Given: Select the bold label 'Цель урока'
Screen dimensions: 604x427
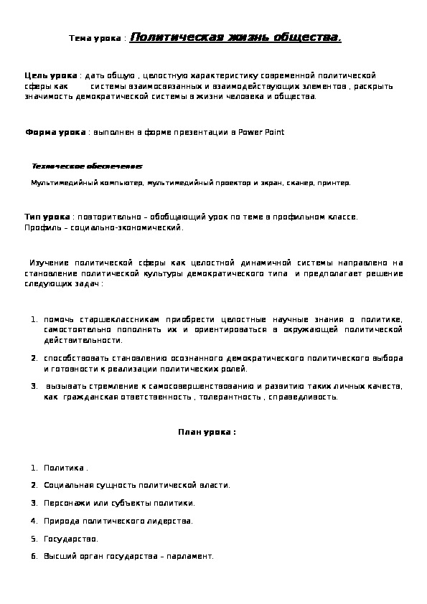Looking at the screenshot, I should (x=51, y=75).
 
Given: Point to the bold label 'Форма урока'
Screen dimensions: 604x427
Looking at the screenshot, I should (x=55, y=132).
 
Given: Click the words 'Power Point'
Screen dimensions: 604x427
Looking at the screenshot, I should (x=261, y=132).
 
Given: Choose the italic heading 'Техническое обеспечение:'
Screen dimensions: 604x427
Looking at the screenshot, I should (x=87, y=166).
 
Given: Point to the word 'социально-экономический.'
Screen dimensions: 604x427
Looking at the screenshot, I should (x=142, y=228).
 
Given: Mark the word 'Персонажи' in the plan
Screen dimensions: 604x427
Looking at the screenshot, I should (x=65, y=503).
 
